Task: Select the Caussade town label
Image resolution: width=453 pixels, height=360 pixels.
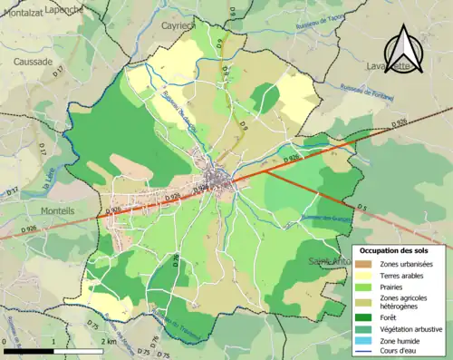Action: pyautogui.click(x=33, y=62)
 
